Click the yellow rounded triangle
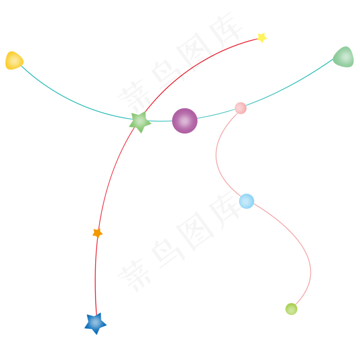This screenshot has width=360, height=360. coord(13,61)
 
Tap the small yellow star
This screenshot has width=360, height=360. coord(262,37)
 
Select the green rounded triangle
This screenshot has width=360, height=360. coord(344,57)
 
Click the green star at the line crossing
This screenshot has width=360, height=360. coord(139,121)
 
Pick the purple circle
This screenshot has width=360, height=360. coord(185,121)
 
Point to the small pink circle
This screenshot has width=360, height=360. coord(240,108)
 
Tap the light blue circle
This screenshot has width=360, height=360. coord(247,201)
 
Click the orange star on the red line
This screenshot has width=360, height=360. coord(97,233)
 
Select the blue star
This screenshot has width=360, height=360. coord(95,323)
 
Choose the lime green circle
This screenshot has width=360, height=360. coord(291,309)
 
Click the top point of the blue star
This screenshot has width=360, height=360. coord(95,312)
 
